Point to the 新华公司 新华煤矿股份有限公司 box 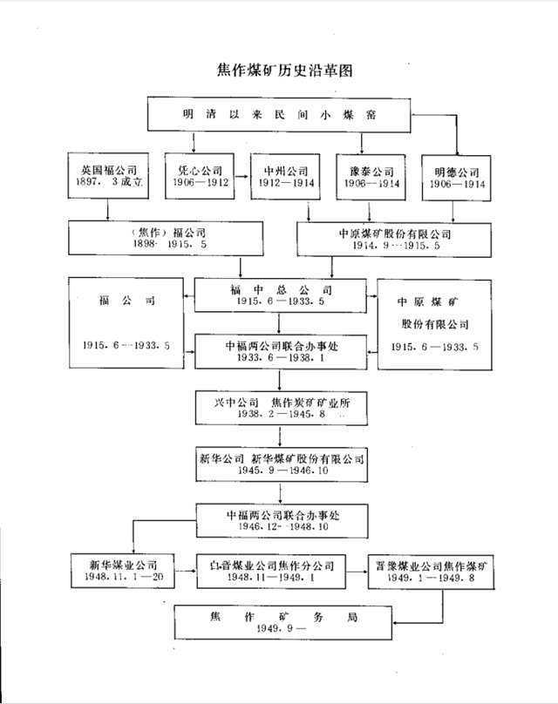point(279,464)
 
